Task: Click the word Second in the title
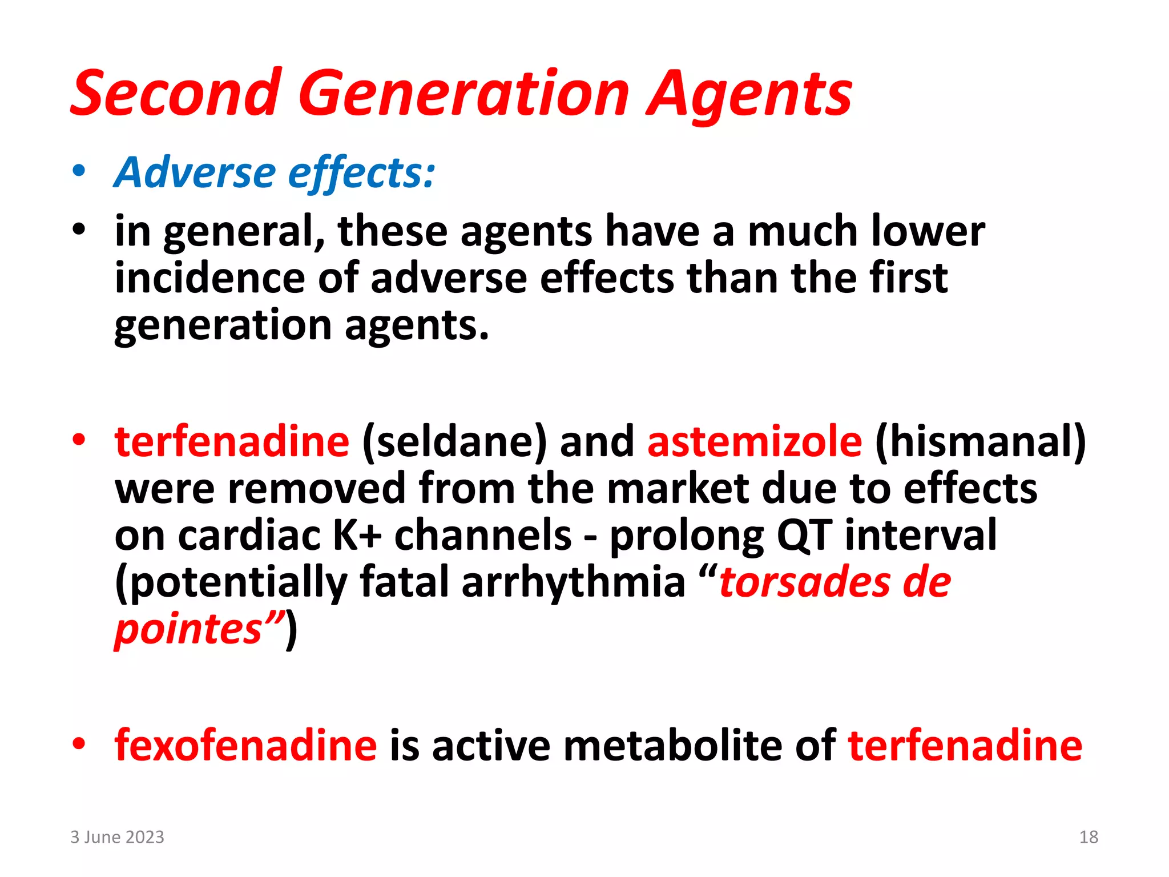click(176, 93)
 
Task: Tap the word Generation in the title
click(463, 93)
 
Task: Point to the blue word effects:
click(361, 173)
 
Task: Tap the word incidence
click(209, 278)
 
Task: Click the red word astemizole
click(755, 441)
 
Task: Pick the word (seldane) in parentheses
click(454, 441)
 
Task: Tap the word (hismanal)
click(980, 441)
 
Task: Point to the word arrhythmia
click(573, 582)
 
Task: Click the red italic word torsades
click(804, 582)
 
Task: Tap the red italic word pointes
click(188, 629)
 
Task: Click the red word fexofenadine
click(245, 745)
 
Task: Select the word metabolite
click(674, 745)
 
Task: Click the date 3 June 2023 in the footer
click(117, 837)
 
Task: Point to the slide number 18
click(1089, 837)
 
